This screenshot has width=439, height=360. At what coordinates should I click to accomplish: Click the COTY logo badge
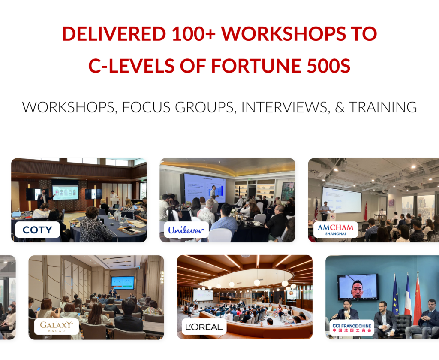click(37, 230)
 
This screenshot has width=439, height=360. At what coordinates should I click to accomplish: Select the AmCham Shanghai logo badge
click(336, 229)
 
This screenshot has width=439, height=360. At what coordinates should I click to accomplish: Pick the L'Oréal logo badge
click(204, 327)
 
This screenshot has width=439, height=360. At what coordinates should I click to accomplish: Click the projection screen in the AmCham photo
click(341, 199)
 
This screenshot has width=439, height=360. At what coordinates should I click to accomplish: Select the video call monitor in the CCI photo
click(358, 287)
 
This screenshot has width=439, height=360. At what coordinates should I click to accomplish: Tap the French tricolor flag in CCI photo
click(407, 296)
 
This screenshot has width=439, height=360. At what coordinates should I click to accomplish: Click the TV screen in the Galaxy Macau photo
click(122, 282)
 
